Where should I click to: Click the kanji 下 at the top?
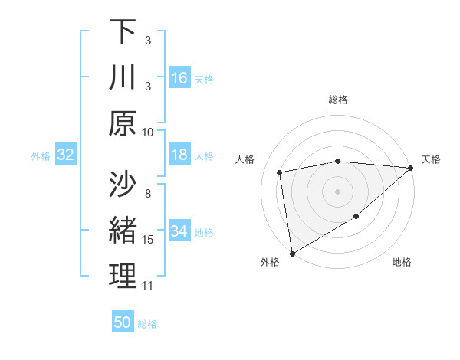click(x=123, y=32)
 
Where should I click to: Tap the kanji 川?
click(x=123, y=79)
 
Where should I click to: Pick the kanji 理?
click(x=123, y=275)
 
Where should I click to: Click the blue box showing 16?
click(x=179, y=78)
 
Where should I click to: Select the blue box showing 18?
click(x=179, y=155)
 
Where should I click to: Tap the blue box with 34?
click(x=179, y=232)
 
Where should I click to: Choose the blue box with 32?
click(x=65, y=155)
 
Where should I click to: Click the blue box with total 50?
click(x=123, y=322)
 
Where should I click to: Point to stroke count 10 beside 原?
click(x=148, y=132)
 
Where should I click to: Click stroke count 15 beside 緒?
click(x=148, y=240)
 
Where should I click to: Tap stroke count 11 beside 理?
click(x=148, y=286)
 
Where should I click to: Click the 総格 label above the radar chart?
click(x=338, y=100)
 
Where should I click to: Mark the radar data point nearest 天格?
click(x=410, y=168)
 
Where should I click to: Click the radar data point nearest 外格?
click(x=292, y=253)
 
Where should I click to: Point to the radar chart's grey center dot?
click(x=337, y=191)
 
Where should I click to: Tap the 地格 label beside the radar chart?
click(x=402, y=263)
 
